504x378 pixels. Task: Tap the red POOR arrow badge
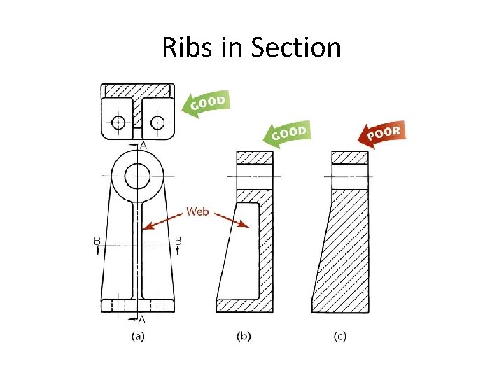tap(381, 134)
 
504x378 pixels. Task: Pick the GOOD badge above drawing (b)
tap(287, 134)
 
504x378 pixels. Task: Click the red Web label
tap(197, 211)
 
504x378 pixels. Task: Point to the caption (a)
tap(138, 336)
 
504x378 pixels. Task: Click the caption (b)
tap(243, 336)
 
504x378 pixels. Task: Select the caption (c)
tap(339, 336)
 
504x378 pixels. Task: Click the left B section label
tap(97, 240)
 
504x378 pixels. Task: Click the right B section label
tap(178, 240)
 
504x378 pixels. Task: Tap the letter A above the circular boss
tap(143, 145)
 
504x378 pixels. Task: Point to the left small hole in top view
tap(118, 122)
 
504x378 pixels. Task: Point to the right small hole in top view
tap(157, 122)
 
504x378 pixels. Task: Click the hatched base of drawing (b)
tap(244, 305)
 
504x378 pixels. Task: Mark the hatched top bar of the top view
tap(137, 91)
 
